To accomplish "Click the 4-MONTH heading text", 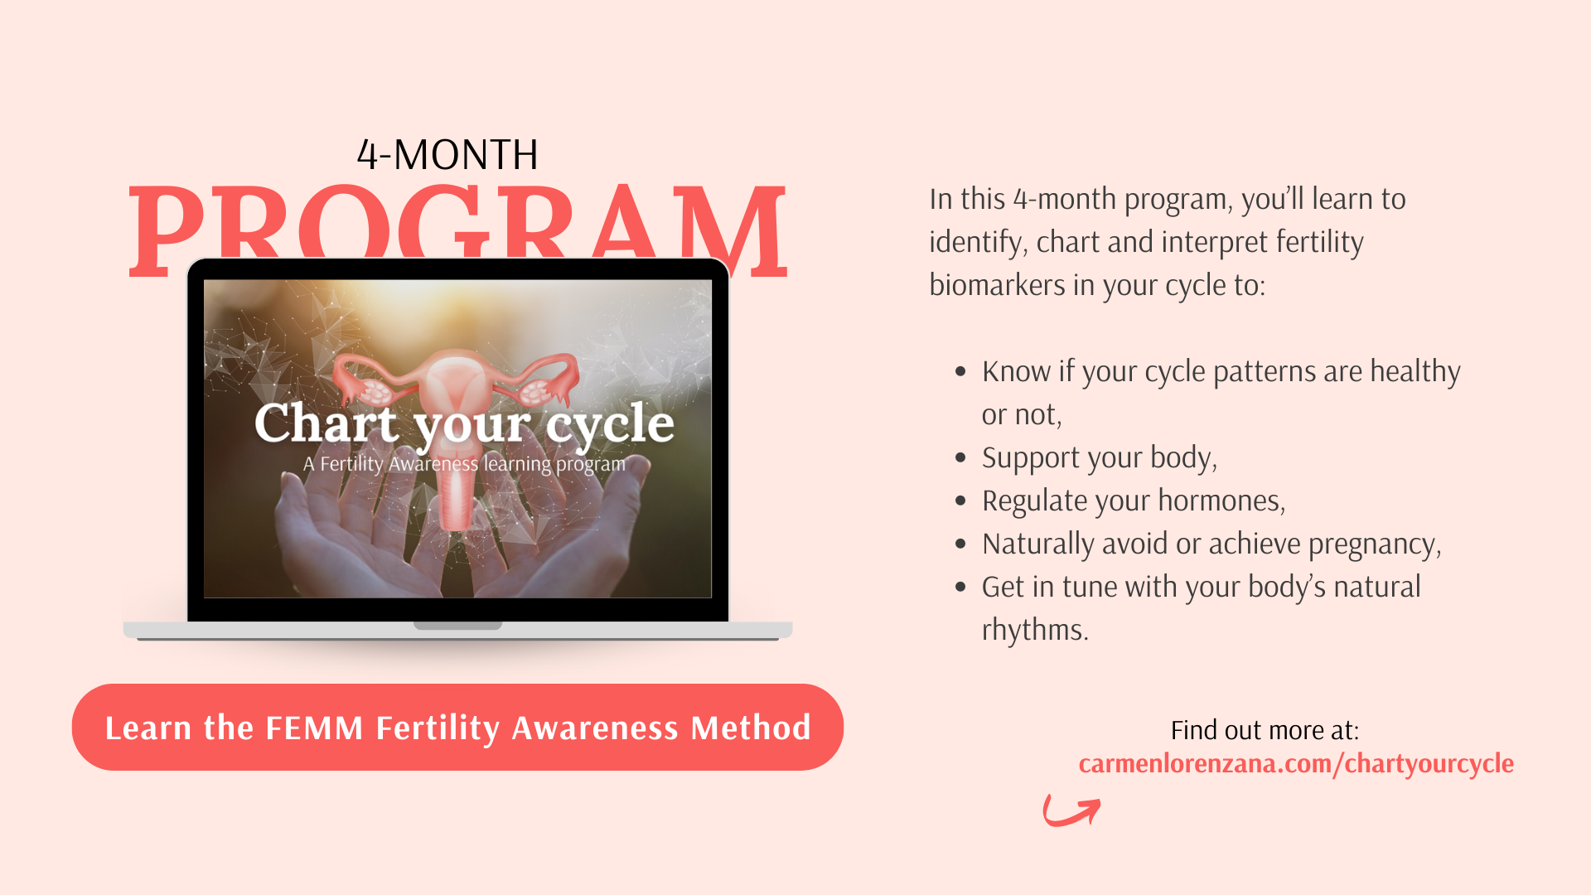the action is (x=447, y=155).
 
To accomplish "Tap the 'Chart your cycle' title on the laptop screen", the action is (x=464, y=423).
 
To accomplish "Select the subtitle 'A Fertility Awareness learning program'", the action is (x=464, y=464).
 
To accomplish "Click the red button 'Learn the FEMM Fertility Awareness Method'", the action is (x=457, y=727).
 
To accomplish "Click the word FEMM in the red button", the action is (x=315, y=728).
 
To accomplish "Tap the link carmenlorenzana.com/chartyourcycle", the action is (x=1296, y=763).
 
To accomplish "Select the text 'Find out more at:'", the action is (x=1265, y=730).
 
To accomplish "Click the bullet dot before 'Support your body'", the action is (x=960, y=457).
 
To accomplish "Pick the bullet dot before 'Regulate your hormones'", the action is (x=960, y=501).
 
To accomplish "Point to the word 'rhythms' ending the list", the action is (x=1035, y=630).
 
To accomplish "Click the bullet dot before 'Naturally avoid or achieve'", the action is (x=960, y=544).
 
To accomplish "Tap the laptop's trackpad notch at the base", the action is (x=458, y=626).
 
